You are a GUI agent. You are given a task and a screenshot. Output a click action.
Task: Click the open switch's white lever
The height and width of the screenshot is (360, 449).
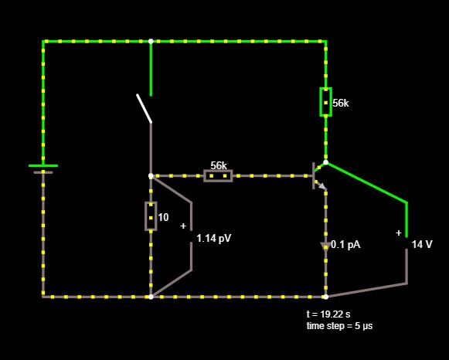click(144, 108)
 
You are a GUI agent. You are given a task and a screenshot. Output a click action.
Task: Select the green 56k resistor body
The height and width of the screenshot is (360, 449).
click(325, 102)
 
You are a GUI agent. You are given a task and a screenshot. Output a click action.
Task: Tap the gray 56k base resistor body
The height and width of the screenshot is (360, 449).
click(218, 175)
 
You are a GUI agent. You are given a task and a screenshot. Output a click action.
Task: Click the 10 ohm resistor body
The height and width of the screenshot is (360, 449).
click(151, 216)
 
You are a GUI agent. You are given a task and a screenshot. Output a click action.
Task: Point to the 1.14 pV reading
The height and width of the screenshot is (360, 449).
click(213, 239)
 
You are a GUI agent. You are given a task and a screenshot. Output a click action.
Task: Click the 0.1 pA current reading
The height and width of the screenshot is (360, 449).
click(345, 245)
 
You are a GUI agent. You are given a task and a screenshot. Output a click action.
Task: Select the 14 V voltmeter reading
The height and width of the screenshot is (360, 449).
click(422, 244)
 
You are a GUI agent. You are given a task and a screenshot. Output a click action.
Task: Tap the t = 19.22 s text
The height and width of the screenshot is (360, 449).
click(328, 314)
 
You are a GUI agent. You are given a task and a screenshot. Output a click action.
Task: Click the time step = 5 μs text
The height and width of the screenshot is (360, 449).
click(339, 326)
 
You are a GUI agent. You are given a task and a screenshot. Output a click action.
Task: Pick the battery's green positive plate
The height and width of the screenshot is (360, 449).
click(43, 165)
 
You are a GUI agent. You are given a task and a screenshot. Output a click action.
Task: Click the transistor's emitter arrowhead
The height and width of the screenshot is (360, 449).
click(323, 187)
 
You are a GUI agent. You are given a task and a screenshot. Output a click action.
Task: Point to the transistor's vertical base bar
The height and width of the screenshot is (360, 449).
click(314, 175)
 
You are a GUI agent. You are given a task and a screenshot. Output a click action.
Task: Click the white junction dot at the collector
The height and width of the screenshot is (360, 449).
click(325, 162)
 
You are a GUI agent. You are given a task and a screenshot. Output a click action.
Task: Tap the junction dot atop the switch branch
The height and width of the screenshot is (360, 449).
click(151, 41)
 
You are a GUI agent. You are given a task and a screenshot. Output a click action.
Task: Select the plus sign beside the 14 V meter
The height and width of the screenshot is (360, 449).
click(399, 233)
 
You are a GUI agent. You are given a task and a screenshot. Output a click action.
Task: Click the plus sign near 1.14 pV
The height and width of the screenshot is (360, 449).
click(183, 226)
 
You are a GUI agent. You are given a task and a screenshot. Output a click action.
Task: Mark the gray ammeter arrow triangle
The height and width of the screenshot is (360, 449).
click(325, 246)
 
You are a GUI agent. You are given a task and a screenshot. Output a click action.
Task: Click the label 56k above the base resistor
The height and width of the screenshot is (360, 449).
click(219, 165)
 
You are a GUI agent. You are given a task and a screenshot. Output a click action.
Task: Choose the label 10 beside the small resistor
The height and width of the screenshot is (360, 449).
click(163, 218)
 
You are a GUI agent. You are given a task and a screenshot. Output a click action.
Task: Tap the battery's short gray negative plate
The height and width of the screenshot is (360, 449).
click(43, 172)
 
